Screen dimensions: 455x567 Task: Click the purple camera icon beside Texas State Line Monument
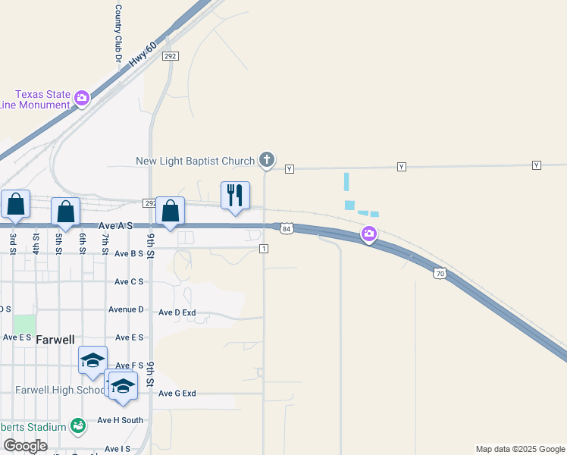82,98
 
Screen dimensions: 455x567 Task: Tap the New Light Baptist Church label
196,161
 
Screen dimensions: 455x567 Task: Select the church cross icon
266,159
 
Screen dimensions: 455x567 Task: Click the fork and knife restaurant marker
235,195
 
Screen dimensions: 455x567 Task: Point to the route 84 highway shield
286,228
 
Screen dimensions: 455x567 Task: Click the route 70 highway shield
439,273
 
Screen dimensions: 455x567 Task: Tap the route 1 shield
263,249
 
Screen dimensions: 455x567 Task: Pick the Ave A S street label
117,226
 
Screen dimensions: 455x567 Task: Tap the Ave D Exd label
177,312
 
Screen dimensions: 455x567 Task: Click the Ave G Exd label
177,394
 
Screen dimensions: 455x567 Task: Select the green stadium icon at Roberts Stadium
78,426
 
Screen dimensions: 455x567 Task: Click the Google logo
24,446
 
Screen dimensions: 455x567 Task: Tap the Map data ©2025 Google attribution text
520,449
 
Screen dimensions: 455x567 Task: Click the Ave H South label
120,420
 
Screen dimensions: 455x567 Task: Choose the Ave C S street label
129,281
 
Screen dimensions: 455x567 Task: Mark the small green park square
24,324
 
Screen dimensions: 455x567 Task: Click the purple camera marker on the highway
369,234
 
